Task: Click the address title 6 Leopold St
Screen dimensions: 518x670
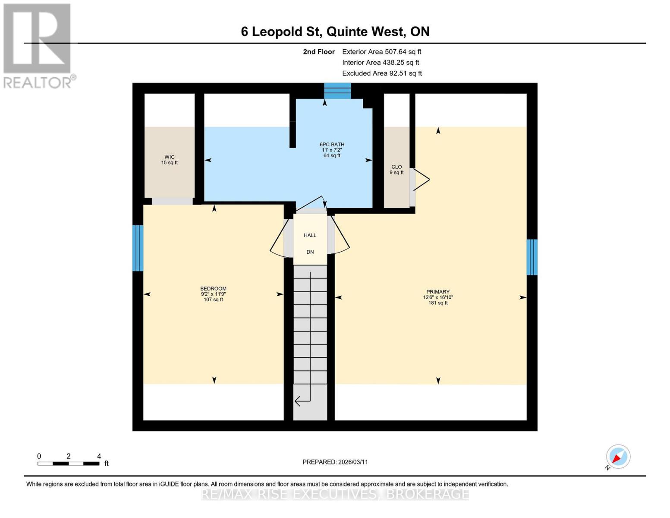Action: (335, 32)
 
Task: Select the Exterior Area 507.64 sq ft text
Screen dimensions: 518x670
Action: (381, 52)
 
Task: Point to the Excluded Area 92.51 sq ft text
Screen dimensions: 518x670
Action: (382, 73)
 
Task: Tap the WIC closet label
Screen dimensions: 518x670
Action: (170, 160)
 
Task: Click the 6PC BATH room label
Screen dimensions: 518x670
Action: (332, 150)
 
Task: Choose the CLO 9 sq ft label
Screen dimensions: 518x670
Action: (396, 170)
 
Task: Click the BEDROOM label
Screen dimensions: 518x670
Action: (213, 294)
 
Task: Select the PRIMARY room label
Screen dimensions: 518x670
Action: (438, 297)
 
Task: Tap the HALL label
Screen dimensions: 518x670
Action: (310, 235)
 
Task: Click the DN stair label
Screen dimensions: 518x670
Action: (310, 252)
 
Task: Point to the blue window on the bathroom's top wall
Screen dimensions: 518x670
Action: (337, 91)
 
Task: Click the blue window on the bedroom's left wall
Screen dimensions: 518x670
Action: (138, 248)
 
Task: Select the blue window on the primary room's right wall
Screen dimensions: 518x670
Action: (532, 257)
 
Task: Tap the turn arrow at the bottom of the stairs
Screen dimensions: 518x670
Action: (302, 401)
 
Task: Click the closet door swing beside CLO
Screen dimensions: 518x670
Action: (421, 179)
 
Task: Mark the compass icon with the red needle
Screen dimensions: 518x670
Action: (618, 457)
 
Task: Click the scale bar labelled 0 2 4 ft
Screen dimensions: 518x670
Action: (69, 463)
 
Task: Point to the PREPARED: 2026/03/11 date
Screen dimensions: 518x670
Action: (335, 462)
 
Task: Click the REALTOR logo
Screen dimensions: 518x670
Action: (38, 45)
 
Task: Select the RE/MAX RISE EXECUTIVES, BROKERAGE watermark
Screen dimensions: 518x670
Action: (335, 494)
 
